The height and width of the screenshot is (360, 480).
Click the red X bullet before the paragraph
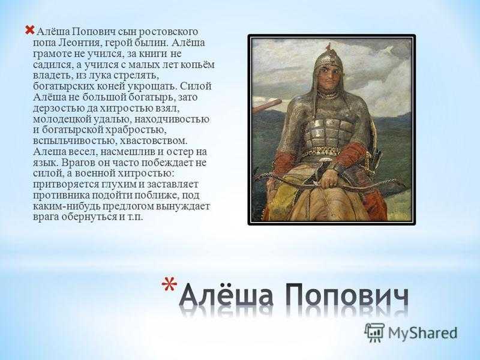tap(29, 30)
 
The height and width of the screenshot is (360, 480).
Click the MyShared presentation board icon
tap(374, 332)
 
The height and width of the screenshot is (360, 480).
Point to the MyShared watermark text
tap(423, 333)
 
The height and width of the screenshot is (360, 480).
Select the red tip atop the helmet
tap(328, 47)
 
